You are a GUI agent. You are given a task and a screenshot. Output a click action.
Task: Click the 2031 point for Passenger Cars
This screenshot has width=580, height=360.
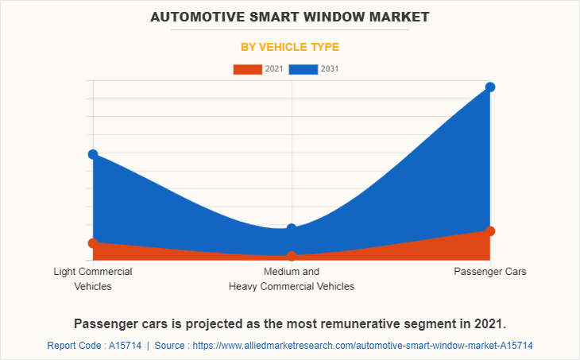point(490,87)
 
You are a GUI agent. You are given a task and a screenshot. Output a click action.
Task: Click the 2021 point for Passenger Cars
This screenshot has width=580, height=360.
point(490,231)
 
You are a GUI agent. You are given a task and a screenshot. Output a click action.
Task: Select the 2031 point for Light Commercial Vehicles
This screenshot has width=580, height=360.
point(93,154)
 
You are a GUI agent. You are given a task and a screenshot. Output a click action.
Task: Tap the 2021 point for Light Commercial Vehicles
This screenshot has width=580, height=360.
point(93,242)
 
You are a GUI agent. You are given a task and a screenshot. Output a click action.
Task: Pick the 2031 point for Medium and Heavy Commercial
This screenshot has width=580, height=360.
point(292,229)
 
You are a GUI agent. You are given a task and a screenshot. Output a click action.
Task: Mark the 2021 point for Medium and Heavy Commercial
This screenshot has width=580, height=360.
point(292,256)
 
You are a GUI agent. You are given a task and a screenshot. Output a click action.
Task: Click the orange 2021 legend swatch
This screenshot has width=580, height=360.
point(247,69)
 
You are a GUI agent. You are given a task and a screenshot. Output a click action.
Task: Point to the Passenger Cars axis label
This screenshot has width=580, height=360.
point(490,272)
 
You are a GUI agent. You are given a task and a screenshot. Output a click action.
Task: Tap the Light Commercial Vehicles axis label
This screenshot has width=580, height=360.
point(93,279)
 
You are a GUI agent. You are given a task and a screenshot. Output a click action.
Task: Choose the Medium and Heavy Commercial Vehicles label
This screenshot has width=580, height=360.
point(292,279)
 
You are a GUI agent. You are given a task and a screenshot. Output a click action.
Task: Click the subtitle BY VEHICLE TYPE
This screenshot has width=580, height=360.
point(290,47)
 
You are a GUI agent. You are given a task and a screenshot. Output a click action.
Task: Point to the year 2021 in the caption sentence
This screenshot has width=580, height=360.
point(486,323)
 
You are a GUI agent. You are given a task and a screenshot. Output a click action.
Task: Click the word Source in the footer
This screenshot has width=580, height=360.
point(171,346)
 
